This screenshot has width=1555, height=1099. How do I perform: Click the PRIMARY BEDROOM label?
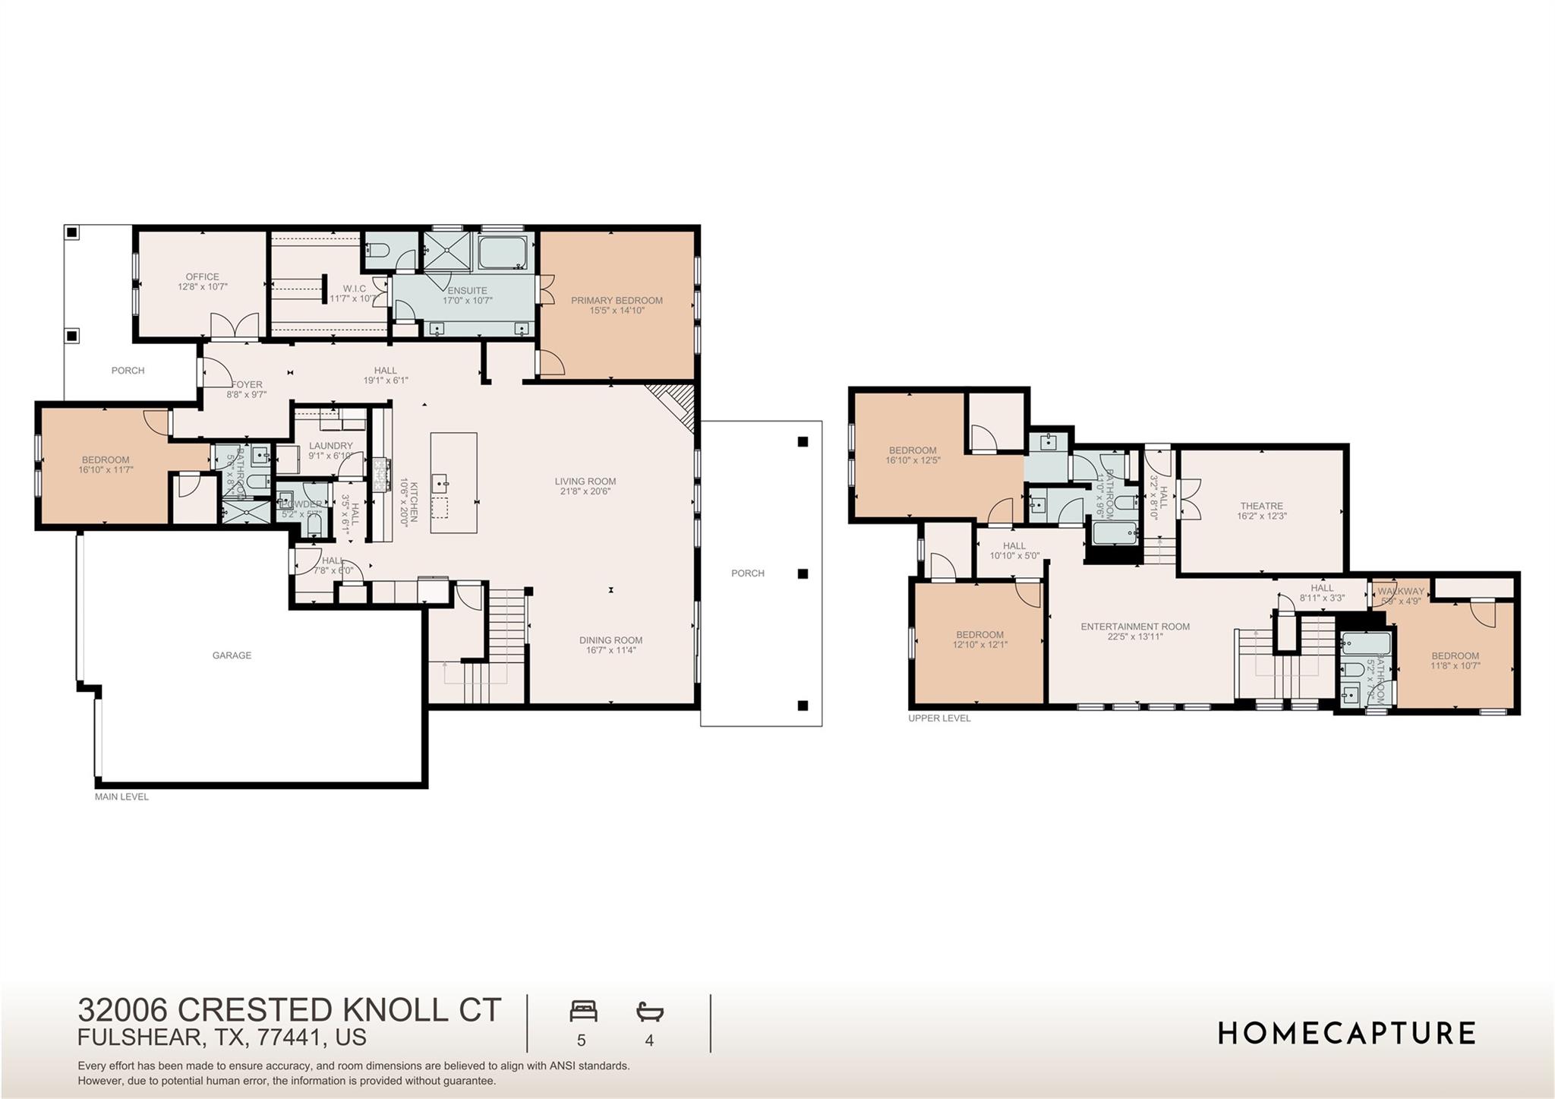pyautogui.click(x=617, y=300)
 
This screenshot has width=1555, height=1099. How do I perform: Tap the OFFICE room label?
pyautogui.click(x=202, y=276)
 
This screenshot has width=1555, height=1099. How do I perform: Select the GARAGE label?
pyautogui.click(x=232, y=655)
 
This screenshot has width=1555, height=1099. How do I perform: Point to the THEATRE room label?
pyautogui.click(x=1261, y=506)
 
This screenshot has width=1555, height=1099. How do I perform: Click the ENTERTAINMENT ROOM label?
pyautogui.click(x=1135, y=627)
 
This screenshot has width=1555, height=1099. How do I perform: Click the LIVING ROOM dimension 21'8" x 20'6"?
pyautogui.click(x=585, y=491)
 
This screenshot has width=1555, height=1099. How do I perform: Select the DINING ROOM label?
pyautogui.click(x=610, y=640)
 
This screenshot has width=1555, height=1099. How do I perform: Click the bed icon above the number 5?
pyautogui.click(x=583, y=1012)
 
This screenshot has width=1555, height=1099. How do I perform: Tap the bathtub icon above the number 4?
pyautogui.click(x=649, y=1012)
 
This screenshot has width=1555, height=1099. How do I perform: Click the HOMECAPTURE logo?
pyautogui.click(x=1346, y=1033)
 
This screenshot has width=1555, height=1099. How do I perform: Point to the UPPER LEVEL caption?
pyautogui.click(x=939, y=718)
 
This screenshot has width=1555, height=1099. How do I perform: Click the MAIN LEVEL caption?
pyautogui.click(x=121, y=797)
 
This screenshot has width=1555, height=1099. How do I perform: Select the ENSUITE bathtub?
pyautogui.click(x=502, y=251)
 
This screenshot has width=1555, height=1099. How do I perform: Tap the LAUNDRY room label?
pyautogui.click(x=330, y=446)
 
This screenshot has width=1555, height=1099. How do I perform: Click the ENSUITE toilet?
pyautogui.click(x=377, y=251)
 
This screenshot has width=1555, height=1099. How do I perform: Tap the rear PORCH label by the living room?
pyautogui.click(x=747, y=573)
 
